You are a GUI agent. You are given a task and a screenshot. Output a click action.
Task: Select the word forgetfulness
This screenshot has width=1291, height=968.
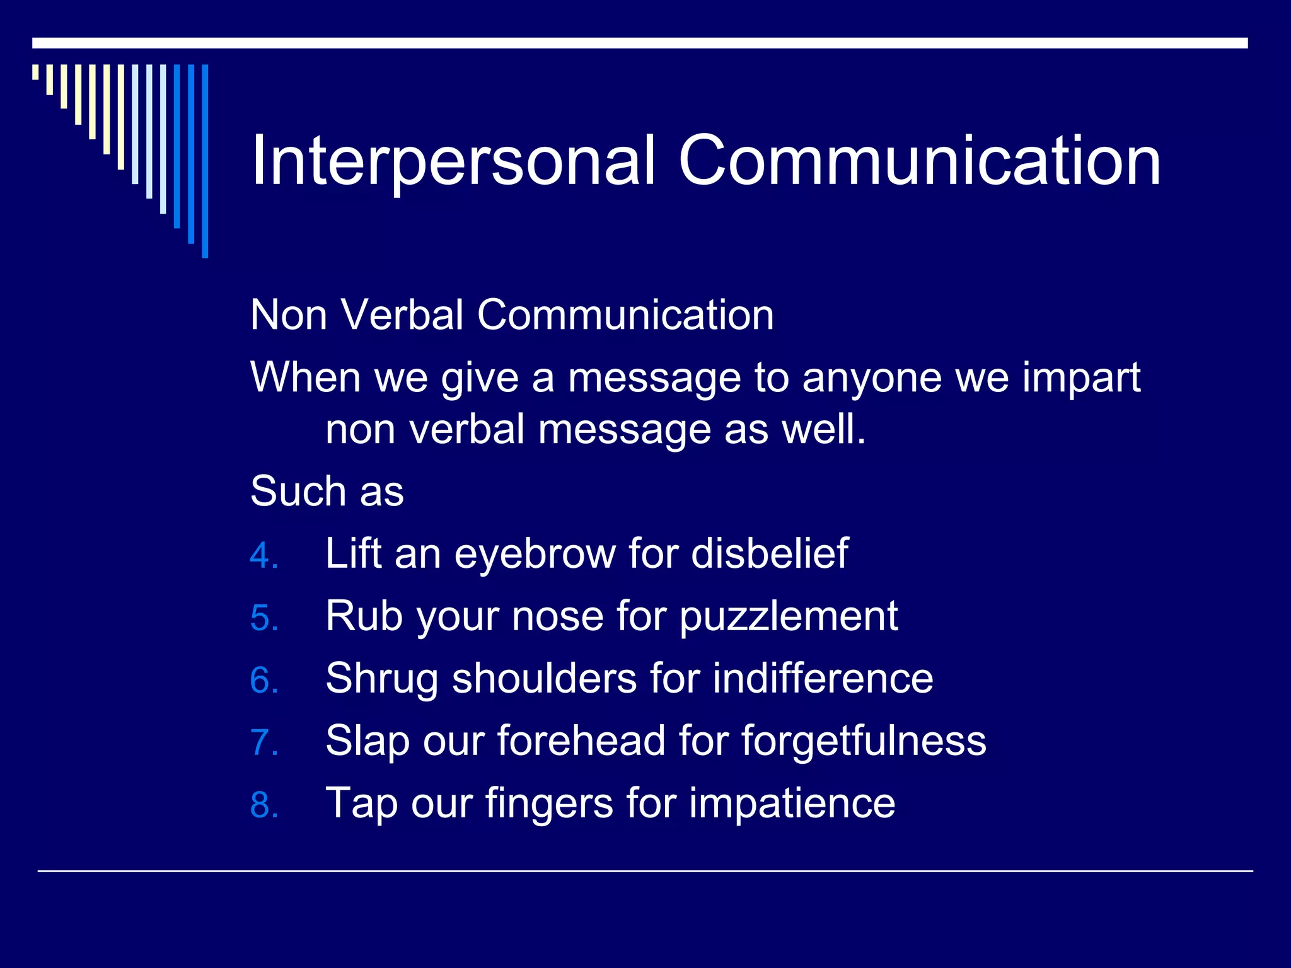[863, 740]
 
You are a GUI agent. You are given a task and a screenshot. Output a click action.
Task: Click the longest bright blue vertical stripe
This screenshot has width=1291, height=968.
[205, 161]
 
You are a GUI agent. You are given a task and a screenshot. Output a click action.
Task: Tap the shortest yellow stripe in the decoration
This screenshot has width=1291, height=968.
[35, 72]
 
